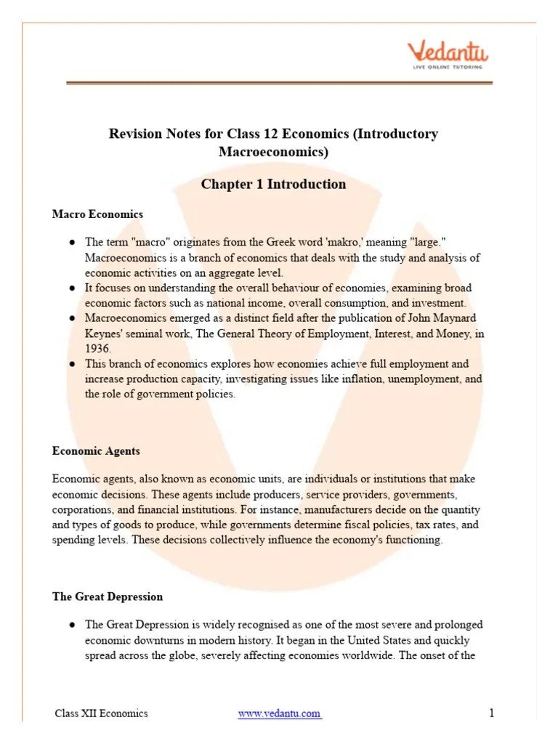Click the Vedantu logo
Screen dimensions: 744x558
pyautogui.click(x=447, y=53)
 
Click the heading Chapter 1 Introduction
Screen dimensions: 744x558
pyautogui.click(x=273, y=184)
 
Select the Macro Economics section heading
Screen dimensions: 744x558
pyautogui.click(x=97, y=214)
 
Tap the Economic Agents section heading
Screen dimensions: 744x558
pyautogui.click(x=96, y=450)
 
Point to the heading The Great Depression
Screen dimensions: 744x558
pyautogui.click(x=108, y=597)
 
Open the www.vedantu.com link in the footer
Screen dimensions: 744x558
pyautogui.click(x=279, y=713)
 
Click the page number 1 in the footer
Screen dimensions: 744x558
pyautogui.click(x=491, y=713)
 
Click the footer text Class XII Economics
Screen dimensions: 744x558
pyautogui.click(x=101, y=713)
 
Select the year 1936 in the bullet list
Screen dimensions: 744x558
pyautogui.click(x=97, y=348)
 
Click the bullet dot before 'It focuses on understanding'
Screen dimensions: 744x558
pyautogui.click(x=73, y=288)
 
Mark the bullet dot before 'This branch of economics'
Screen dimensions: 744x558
pyautogui.click(x=73, y=364)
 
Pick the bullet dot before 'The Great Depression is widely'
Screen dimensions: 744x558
pyautogui.click(x=73, y=625)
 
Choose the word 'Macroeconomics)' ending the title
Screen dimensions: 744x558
pyautogui.click(x=273, y=152)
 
